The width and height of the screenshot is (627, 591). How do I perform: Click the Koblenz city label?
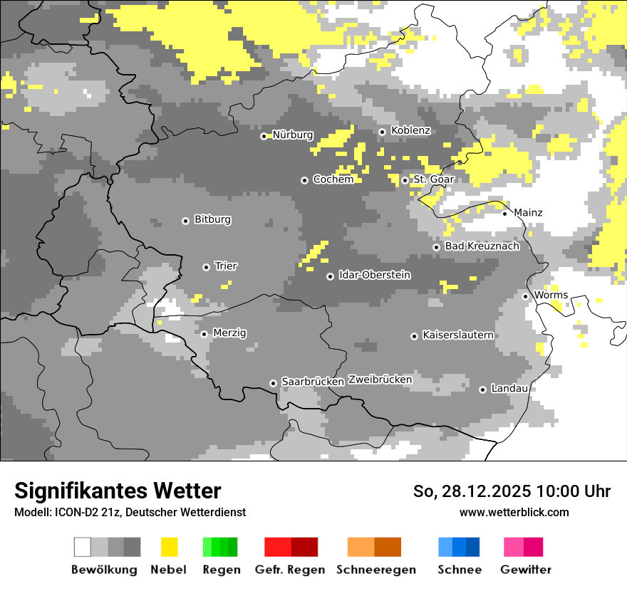(x=410, y=130)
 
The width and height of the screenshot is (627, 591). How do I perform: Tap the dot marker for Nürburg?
(x=264, y=135)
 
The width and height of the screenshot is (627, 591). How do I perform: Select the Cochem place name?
(x=333, y=179)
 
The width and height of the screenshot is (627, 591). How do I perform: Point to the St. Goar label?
(x=433, y=179)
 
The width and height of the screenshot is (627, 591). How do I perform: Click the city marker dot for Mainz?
(x=504, y=213)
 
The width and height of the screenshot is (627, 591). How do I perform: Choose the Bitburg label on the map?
(x=212, y=219)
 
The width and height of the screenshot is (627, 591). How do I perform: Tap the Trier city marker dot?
(x=206, y=267)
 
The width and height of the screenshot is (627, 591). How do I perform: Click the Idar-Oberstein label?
(x=374, y=275)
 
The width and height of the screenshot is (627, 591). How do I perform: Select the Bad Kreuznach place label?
(x=482, y=246)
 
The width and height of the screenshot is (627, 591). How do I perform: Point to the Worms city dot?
(x=525, y=296)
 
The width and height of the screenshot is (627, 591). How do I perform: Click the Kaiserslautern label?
(x=457, y=335)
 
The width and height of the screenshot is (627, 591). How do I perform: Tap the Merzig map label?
(x=229, y=333)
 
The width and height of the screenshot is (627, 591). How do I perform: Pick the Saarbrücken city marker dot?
(x=273, y=383)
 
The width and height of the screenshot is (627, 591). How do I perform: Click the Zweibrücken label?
(x=380, y=380)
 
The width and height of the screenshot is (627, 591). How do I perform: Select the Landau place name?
(x=509, y=389)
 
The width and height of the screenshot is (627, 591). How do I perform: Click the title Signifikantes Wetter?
(x=118, y=491)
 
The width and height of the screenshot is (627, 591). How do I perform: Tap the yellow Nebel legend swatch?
(x=169, y=547)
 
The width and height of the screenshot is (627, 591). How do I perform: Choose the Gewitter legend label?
(x=526, y=570)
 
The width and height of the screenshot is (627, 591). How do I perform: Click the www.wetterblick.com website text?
(x=514, y=512)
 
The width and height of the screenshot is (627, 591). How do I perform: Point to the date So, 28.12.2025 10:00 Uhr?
(x=512, y=491)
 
